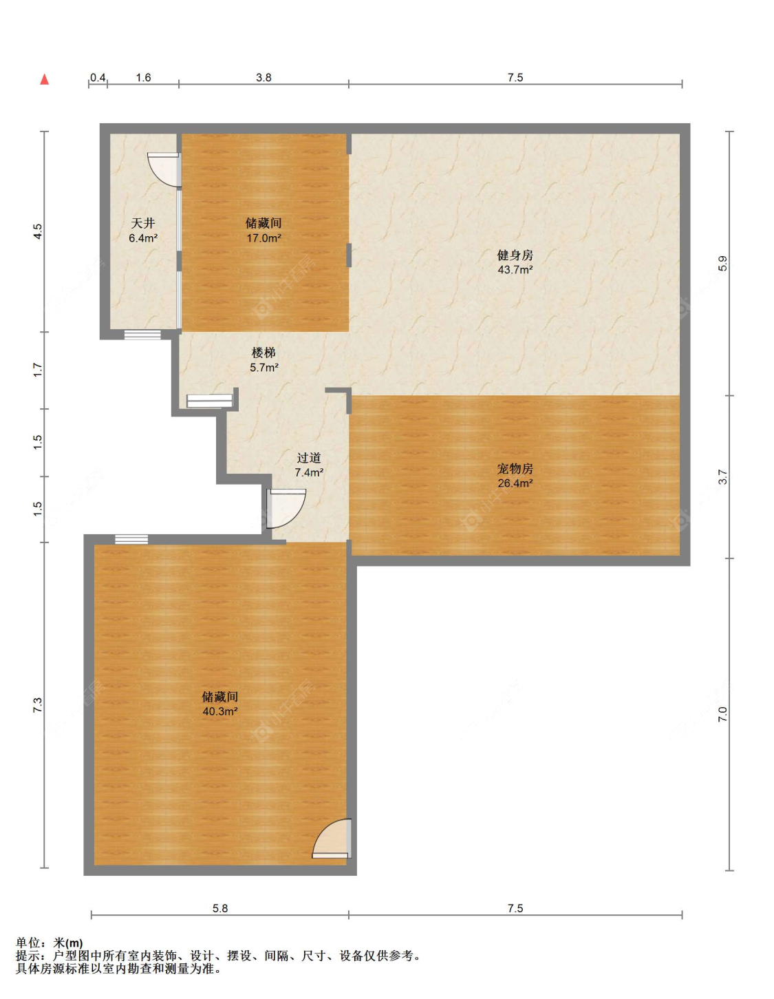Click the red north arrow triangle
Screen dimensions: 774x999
click(45, 79)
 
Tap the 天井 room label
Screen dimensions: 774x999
click(143, 224)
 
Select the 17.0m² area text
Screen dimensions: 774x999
click(264, 238)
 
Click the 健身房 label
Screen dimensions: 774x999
click(515, 255)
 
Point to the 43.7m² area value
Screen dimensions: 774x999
click(515, 270)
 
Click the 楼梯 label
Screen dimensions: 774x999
click(264, 353)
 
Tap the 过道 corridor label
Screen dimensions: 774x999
click(309, 458)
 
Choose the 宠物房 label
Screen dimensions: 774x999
click(515, 468)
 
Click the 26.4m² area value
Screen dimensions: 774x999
click(515, 483)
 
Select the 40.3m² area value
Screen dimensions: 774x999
click(220, 712)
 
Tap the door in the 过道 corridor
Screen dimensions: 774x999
click(286, 508)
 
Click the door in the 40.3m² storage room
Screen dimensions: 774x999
click(332, 839)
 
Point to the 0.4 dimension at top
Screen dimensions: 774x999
click(98, 77)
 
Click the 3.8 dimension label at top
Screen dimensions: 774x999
click(264, 77)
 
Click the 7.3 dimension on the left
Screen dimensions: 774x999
click(38, 705)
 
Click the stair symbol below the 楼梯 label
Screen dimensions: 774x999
click(210, 401)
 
